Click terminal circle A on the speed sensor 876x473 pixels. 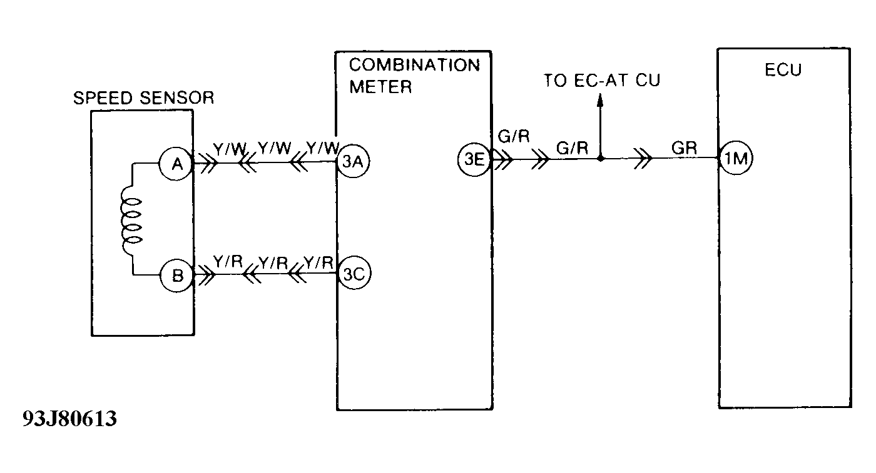pyautogui.click(x=178, y=164)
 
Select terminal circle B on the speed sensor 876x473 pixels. pyautogui.click(x=178, y=274)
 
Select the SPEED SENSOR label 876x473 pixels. pyautogui.click(x=144, y=97)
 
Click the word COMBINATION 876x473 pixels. pyautogui.click(x=414, y=64)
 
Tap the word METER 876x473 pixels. pyautogui.click(x=380, y=86)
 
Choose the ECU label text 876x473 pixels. pyautogui.click(x=783, y=70)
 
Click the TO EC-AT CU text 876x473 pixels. pyautogui.click(x=601, y=81)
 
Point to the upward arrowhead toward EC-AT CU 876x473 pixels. pyautogui.click(x=600, y=100)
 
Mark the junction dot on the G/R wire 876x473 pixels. pyautogui.click(x=600, y=159)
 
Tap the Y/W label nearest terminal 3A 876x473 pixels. pyautogui.click(x=322, y=148)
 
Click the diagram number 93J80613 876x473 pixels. pyautogui.click(x=69, y=419)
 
